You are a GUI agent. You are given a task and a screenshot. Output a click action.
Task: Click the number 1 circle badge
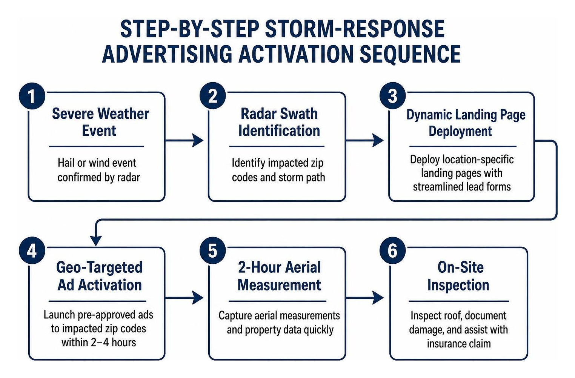tap(32, 96)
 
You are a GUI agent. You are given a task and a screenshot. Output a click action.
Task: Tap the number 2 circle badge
tap(212, 96)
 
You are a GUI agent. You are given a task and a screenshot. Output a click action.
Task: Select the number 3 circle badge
tap(392, 96)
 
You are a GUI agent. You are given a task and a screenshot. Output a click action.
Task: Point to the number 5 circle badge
tap(212, 250)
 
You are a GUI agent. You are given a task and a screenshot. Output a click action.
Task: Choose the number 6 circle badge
tap(392, 250)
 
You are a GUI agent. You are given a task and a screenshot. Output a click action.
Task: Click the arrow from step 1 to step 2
tap(184, 140)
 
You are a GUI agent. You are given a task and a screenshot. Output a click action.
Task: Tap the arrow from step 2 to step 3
tap(365, 140)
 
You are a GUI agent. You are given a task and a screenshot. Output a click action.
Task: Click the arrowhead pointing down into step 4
tap(96, 241)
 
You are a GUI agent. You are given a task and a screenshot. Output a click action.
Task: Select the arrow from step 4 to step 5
tap(184, 298)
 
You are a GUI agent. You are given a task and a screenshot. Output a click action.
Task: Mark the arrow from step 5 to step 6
tap(365, 298)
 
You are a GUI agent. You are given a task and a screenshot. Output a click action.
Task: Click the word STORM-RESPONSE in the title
tap(355, 29)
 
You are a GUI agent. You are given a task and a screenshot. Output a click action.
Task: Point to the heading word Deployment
tap(460, 131)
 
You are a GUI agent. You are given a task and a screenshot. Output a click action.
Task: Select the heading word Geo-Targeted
tap(99, 267)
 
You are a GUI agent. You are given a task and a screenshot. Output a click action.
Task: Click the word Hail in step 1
tap(65, 163)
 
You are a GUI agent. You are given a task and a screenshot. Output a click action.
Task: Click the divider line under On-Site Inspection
tap(459, 301)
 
